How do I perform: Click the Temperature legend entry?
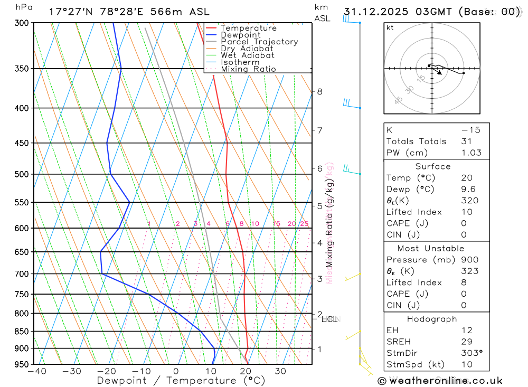click(x=248, y=28)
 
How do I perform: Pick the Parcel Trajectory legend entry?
click(x=259, y=42)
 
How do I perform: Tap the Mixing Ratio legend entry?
click(x=248, y=69)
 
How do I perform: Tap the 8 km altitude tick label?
click(x=319, y=91)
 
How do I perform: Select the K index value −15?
click(x=467, y=130)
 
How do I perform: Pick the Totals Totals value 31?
click(x=465, y=141)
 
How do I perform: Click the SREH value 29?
click(x=465, y=342)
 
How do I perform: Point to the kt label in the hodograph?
click(x=390, y=27)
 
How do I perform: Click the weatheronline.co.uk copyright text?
click(x=440, y=381)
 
